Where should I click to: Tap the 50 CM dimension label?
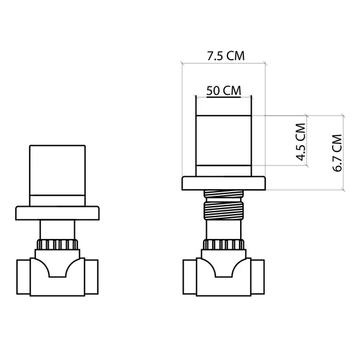[223, 91]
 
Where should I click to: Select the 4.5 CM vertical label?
[300, 141]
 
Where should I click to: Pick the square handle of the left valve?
[58, 169]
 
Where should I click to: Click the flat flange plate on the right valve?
[224, 183]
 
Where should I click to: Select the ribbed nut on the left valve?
[57, 246]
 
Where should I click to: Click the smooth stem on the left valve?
[57, 230]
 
